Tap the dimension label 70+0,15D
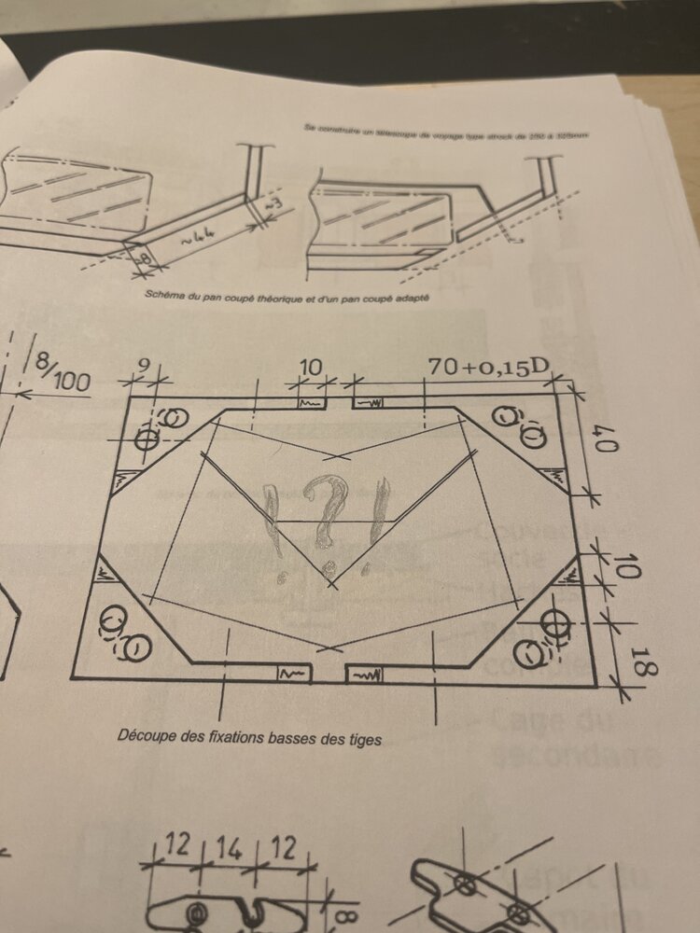point(486,367)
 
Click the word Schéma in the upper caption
point(167,295)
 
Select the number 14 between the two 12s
point(225,849)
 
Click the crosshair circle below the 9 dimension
point(147,439)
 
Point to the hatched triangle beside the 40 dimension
point(559,476)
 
